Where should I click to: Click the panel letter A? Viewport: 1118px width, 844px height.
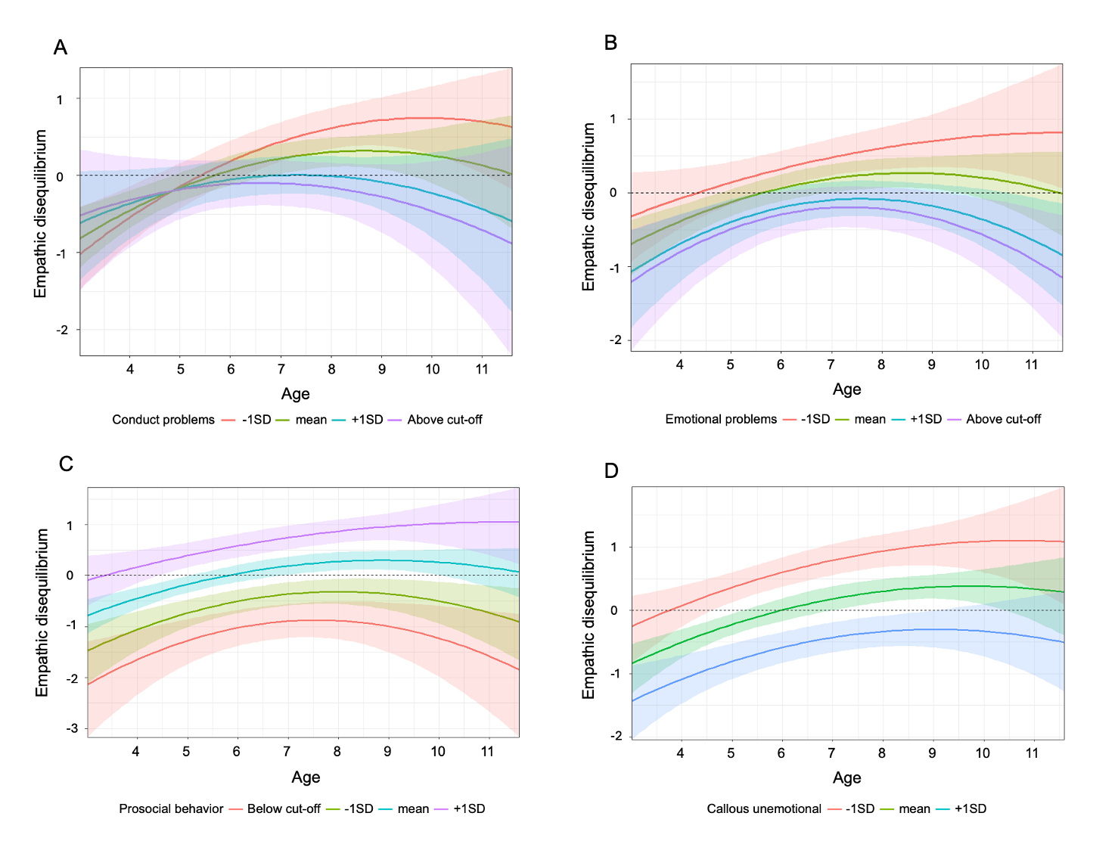(61, 48)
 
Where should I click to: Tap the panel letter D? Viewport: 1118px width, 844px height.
(611, 471)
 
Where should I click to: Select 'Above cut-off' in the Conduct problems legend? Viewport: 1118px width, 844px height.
(444, 420)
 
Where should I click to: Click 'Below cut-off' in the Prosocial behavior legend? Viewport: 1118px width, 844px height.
(284, 809)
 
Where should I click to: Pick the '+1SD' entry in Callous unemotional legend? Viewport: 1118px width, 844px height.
(970, 809)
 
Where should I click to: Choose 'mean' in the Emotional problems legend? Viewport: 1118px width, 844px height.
(870, 419)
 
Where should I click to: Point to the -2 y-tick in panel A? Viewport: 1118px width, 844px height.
(62, 330)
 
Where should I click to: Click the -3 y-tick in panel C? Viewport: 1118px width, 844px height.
(72, 728)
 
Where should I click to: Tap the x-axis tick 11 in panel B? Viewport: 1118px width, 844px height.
(1031, 365)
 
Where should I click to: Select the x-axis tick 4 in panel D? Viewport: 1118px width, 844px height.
(680, 753)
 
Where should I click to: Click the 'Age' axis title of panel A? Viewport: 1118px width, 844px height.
(296, 394)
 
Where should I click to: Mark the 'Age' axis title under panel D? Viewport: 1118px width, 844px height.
(847, 778)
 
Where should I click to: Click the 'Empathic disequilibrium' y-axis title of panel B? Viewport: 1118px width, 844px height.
(589, 207)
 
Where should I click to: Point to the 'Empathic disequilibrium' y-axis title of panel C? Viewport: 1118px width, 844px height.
(42, 613)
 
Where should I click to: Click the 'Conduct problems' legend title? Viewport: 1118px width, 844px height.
(163, 420)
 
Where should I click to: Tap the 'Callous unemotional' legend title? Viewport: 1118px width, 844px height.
(764, 809)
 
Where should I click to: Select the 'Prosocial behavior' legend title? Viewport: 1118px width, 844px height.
(171, 809)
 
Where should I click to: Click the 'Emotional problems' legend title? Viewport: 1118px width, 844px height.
(721, 419)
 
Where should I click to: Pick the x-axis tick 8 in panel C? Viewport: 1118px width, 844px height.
(337, 752)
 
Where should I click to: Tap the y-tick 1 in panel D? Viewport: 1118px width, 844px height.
(613, 547)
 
